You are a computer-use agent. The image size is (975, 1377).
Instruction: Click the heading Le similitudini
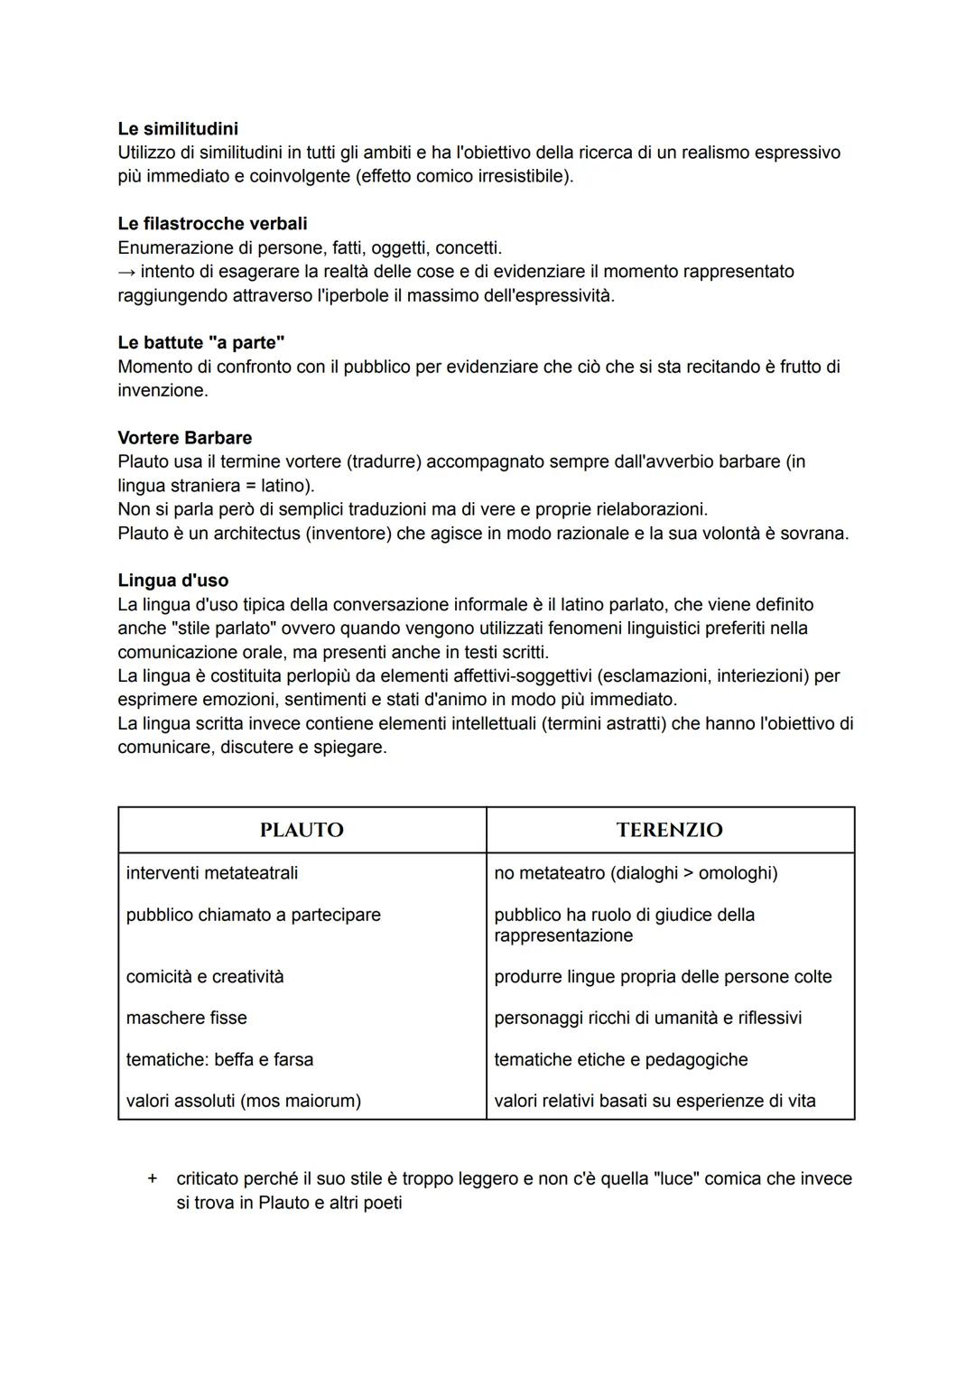click(178, 129)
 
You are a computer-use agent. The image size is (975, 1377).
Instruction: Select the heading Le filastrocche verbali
click(212, 224)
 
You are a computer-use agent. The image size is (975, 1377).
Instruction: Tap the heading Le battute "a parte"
click(201, 343)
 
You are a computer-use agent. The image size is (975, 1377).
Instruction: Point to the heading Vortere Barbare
click(184, 438)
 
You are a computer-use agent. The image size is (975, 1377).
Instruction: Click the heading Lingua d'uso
click(172, 581)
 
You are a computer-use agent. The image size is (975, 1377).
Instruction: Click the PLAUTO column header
click(302, 830)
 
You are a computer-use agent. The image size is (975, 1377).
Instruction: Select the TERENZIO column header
click(669, 830)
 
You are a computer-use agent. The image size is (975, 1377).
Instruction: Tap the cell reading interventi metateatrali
click(212, 873)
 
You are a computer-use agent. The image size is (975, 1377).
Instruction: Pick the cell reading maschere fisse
click(186, 1018)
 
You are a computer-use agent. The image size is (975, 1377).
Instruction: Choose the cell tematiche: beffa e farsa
click(219, 1059)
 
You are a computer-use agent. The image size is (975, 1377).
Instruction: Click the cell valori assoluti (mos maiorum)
click(243, 1101)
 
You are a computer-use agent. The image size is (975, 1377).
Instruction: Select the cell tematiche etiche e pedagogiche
click(620, 1059)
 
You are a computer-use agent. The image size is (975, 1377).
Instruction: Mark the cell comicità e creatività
click(205, 976)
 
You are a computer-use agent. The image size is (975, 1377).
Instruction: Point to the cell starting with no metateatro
click(636, 873)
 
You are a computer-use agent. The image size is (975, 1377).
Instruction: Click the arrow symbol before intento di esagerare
click(126, 272)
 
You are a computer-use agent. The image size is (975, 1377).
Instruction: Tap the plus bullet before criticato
click(153, 1178)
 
